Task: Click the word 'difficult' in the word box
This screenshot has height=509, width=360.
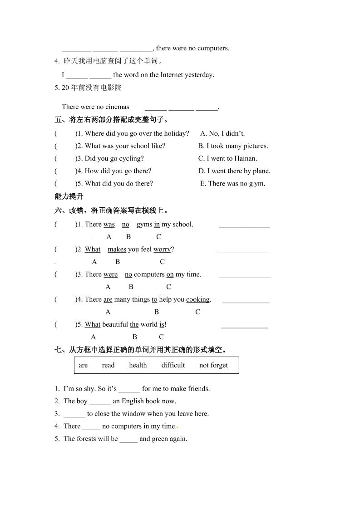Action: pyautogui.click(x=173, y=365)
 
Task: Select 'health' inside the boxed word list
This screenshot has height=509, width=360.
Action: pyautogui.click(x=138, y=365)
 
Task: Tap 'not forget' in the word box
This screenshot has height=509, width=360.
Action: pyautogui.click(x=213, y=365)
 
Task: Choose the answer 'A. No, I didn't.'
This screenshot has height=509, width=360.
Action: pyautogui.click(x=222, y=133)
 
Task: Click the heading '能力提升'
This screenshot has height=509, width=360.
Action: pyautogui.click(x=69, y=196)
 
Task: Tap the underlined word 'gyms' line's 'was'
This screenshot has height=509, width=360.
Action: pyautogui.click(x=109, y=224)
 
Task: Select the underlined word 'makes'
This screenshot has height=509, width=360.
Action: pyautogui.click(x=117, y=249)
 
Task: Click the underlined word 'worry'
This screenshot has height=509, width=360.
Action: pyautogui.click(x=162, y=249)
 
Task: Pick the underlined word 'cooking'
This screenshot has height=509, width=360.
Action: pyautogui.click(x=197, y=299)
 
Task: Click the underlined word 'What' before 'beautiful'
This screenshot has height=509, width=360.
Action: pyautogui.click(x=93, y=324)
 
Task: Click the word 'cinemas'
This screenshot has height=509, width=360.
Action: pyautogui.click(x=117, y=107)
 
